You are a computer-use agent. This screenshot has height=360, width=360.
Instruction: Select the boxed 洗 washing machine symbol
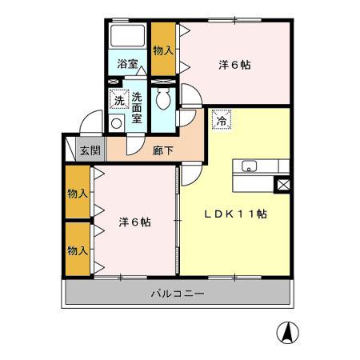point(118,100)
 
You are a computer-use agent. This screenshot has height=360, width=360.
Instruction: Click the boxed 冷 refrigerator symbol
point(218,121)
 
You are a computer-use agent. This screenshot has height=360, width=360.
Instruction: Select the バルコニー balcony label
point(178,294)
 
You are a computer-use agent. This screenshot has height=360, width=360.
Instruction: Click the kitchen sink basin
point(248,166)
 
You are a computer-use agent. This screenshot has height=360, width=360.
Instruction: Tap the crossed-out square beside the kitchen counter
point(282,185)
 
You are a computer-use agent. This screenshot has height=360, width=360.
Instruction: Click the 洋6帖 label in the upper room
point(234,66)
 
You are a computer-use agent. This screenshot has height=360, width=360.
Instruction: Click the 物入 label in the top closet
point(163,50)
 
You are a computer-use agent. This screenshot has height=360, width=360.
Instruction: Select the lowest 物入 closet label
point(78,250)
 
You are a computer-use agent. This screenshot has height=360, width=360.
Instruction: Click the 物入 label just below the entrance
point(78,194)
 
